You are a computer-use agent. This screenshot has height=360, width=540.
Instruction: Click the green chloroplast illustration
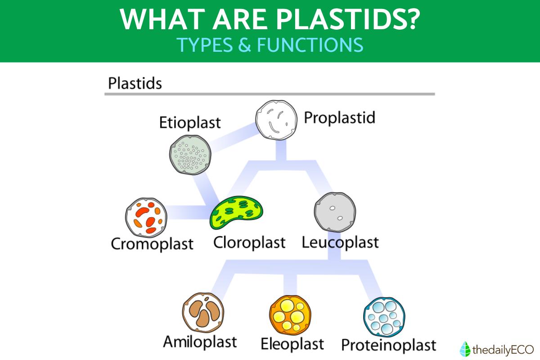(237, 212)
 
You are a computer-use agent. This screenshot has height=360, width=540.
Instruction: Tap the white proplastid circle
(276, 120)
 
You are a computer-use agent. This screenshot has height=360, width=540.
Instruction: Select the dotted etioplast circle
(190, 154)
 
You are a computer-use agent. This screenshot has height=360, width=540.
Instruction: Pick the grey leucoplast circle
(335, 212)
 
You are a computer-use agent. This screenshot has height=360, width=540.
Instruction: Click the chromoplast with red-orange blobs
(146, 218)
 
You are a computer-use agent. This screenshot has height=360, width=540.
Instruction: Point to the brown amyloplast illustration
(203, 312)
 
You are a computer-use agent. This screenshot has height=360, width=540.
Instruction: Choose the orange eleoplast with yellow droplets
(290, 315)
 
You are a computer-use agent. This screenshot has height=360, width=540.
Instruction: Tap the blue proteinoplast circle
(384, 317)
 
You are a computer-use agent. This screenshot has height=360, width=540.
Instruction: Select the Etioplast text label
(190, 123)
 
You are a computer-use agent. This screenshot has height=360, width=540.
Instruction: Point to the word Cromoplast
(152, 244)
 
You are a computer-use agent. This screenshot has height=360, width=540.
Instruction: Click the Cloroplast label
(249, 243)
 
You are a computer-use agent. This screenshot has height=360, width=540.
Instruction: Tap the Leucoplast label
(340, 243)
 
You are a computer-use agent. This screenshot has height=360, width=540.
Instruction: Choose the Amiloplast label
(200, 342)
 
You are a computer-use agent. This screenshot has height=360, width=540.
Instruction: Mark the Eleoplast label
(292, 344)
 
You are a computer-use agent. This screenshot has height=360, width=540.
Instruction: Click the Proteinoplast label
(389, 345)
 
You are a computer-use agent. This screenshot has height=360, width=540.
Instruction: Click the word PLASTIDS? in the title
(348, 19)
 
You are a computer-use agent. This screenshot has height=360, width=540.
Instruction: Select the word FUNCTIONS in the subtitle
(310, 45)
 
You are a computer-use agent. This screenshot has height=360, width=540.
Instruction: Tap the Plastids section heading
(135, 83)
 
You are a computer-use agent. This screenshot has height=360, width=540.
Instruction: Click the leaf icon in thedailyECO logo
(465, 349)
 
